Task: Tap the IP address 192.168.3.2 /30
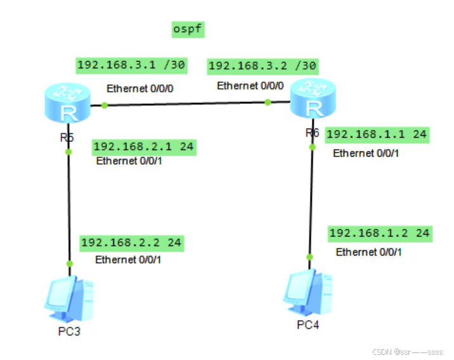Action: point(263,65)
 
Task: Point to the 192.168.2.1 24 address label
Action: point(143,147)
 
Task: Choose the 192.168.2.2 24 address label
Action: point(131,243)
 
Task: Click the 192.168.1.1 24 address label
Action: point(377,134)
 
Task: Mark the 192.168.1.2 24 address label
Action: point(379,233)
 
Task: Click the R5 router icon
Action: point(67,105)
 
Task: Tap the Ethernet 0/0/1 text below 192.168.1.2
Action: point(368,252)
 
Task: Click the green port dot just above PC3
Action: point(70,264)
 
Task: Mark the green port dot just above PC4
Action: point(310,257)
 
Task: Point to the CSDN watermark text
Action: point(408,350)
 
